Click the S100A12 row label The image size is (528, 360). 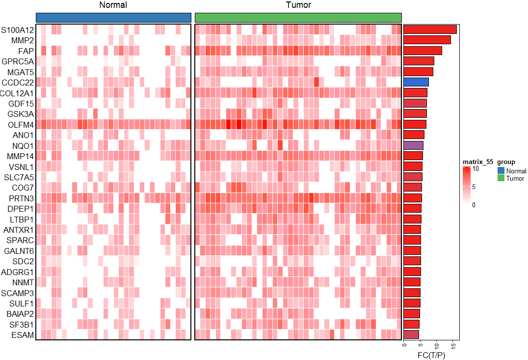tap(17, 30)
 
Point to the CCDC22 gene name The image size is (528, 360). tap(18, 83)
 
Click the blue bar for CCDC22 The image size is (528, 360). tap(416, 82)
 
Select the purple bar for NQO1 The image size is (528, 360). tap(413, 145)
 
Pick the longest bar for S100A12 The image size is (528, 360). tap(430, 29)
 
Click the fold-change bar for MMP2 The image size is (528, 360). tap(427, 40)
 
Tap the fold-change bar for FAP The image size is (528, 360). tap(422, 50)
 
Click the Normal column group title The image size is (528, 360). tap(113, 5)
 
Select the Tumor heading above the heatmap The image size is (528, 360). tap(298, 5)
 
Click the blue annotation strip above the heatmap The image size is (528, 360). tap(113, 17)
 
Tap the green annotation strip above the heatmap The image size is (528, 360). tap(298, 17)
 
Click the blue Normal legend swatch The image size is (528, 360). tap(501, 170)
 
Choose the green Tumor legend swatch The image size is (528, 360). tap(501, 178)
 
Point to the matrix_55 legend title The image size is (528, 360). tap(477, 162)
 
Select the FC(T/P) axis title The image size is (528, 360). tap(431, 355)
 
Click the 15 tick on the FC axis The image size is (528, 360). tap(455, 346)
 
